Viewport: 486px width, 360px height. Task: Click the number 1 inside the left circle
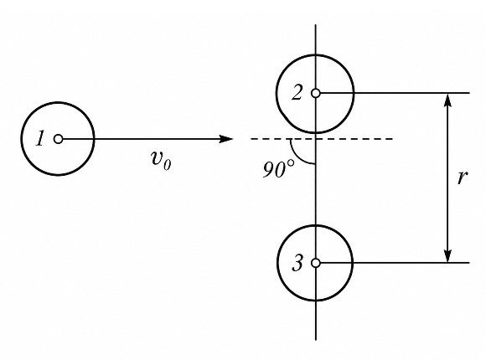[40, 138]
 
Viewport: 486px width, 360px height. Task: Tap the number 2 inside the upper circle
[297, 92]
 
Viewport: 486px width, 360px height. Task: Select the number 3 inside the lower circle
[297, 264]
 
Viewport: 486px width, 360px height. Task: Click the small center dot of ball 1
[59, 139]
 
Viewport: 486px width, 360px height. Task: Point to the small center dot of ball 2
[316, 93]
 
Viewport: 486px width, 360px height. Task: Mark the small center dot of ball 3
[316, 263]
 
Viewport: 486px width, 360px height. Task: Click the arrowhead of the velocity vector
[225, 139]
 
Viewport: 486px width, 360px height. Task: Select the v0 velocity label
[161, 160]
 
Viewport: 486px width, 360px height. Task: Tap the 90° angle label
[278, 169]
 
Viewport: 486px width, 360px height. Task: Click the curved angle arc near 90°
[297, 157]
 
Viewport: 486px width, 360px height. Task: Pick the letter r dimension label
[462, 177]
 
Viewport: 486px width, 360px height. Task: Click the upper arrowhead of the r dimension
[447, 100]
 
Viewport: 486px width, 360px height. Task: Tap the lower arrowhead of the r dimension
[447, 255]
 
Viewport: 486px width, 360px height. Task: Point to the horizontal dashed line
[322, 139]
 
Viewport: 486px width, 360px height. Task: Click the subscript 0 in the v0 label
[167, 164]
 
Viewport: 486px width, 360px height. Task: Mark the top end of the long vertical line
[316, 25]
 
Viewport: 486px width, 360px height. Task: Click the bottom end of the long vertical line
[316, 340]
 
